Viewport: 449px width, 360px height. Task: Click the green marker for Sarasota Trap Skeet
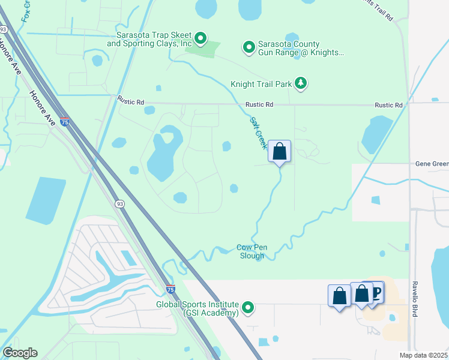pos(201,40)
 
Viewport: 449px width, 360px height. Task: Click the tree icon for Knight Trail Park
pos(301,84)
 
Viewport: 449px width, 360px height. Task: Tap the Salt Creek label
pos(258,132)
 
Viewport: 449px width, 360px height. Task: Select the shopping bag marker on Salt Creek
pos(279,151)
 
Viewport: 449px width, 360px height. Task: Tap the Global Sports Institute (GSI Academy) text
pos(197,308)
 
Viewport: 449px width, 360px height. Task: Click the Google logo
pos(20,353)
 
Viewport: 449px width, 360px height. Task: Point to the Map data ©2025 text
pos(424,355)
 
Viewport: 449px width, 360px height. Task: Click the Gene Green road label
pos(432,163)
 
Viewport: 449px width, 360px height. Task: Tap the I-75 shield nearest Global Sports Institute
pos(170,289)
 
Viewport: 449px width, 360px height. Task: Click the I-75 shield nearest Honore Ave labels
pos(65,122)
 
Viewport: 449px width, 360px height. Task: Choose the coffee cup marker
pos(375,292)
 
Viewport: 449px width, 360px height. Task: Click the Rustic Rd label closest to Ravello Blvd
pos(388,105)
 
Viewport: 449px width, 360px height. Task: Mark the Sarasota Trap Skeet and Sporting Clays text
pos(150,40)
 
